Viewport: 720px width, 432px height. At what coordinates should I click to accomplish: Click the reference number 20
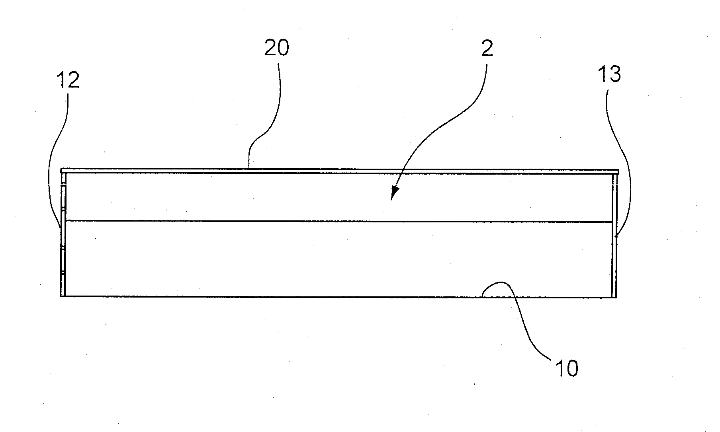[277, 48]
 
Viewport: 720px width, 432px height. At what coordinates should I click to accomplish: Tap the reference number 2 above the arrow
[487, 48]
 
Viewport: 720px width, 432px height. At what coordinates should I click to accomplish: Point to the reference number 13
[609, 74]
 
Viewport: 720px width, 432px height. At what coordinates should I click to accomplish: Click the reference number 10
[566, 368]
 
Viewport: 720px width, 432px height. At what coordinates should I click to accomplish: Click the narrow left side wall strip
[63, 235]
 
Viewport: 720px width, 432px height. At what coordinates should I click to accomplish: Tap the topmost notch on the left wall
[63, 185]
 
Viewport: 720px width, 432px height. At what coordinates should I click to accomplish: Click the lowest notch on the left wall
[63, 273]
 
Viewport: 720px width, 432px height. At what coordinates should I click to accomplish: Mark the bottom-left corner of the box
[61, 297]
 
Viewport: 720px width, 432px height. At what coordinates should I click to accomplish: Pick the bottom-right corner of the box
[616, 297]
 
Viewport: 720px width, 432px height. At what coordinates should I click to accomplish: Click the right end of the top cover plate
[619, 171]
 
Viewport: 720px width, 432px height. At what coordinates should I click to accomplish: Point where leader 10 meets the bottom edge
[481, 297]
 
